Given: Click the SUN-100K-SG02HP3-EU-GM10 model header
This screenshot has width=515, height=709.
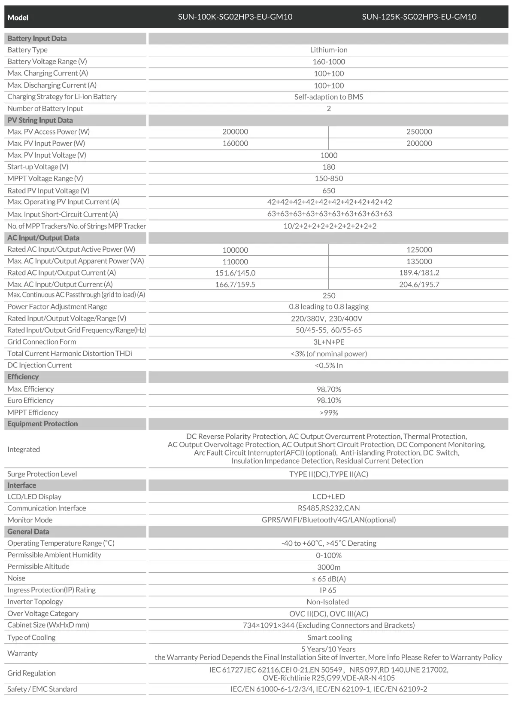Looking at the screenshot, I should click(x=235, y=17).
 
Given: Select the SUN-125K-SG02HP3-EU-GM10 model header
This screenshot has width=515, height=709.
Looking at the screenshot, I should click(x=419, y=17).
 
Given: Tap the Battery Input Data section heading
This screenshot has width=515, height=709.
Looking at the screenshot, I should click(x=37, y=38).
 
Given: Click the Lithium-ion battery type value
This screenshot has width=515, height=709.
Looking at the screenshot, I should click(x=329, y=50).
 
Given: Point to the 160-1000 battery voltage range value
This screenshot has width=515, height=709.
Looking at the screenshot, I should click(x=329, y=62).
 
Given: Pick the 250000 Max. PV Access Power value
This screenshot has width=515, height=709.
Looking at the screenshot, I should click(x=419, y=132).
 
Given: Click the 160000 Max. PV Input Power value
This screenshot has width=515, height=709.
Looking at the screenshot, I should click(x=235, y=144).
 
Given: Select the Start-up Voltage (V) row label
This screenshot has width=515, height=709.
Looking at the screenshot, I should click(x=38, y=167).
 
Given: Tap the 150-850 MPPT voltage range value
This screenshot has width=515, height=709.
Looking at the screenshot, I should click(x=329, y=178).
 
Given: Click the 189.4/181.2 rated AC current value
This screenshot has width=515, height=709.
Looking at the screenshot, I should click(x=419, y=273).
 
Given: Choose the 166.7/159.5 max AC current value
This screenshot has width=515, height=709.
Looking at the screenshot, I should click(x=235, y=284).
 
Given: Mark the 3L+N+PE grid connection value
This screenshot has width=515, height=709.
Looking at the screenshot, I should click(x=329, y=342).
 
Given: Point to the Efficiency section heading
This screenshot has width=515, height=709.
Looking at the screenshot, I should click(x=23, y=377).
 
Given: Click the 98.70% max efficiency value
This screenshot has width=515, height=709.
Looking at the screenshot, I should click(x=329, y=389).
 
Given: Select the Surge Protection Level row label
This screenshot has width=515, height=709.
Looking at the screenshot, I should click(x=42, y=474).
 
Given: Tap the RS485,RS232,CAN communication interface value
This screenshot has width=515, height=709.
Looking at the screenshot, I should click(x=329, y=508).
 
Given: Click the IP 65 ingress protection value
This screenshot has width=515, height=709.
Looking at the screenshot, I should click(x=329, y=590).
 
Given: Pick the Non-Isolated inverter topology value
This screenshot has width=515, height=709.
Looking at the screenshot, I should click(x=327, y=602).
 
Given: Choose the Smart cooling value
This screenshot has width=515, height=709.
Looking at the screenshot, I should click(x=329, y=638).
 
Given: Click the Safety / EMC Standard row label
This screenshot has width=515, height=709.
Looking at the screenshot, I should click(x=42, y=689).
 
